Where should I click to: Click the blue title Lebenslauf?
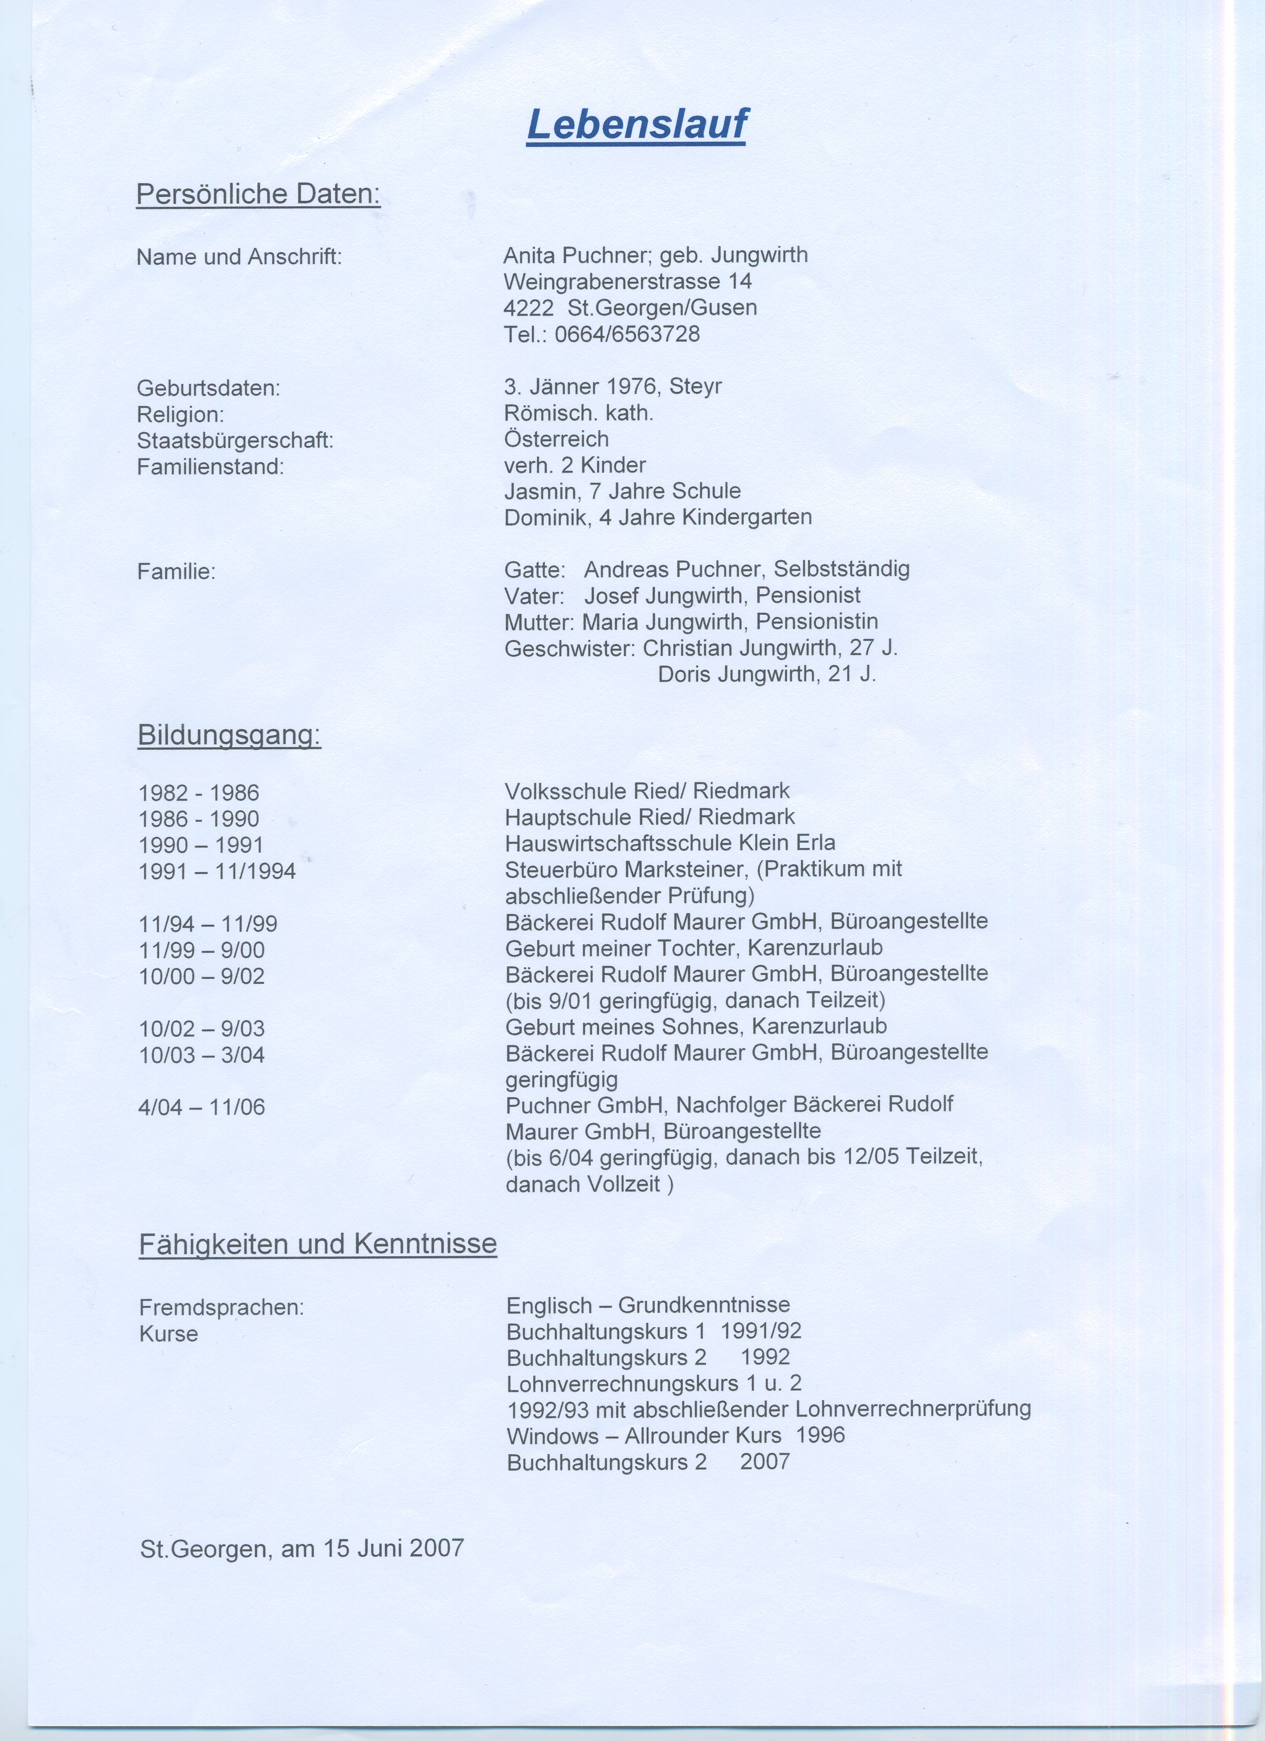pyautogui.click(x=636, y=125)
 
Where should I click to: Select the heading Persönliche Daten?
pyautogui.click(x=258, y=194)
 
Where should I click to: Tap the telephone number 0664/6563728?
pyautogui.click(x=627, y=334)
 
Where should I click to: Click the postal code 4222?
pyautogui.click(x=528, y=308)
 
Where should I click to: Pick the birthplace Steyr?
pyautogui.click(x=696, y=386)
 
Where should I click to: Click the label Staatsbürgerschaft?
pyautogui.click(x=235, y=441)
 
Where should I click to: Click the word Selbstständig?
pyautogui.click(x=841, y=570)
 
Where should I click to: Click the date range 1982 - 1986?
pyautogui.click(x=199, y=792)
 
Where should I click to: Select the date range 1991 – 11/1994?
pyautogui.click(x=217, y=871)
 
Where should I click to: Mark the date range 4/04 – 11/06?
pyautogui.click(x=202, y=1107)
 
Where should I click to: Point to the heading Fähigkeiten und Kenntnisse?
pyautogui.click(x=318, y=1243)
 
